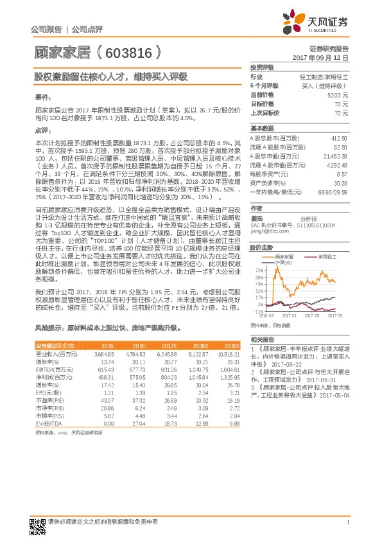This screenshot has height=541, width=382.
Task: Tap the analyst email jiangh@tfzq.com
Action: coord(266,231)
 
